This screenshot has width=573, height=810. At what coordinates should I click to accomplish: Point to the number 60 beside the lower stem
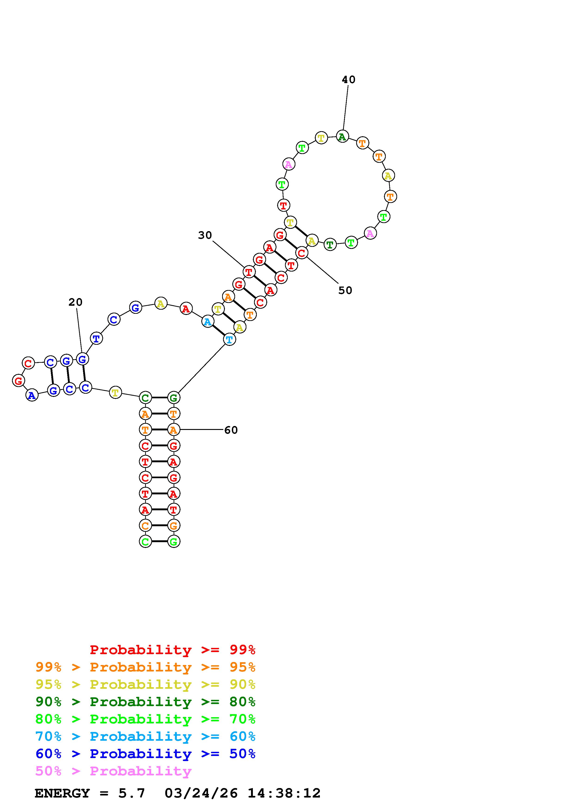pyautogui.click(x=231, y=430)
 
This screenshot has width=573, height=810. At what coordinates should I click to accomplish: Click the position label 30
pyautogui.click(x=205, y=235)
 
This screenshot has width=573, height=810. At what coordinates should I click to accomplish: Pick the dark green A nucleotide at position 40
pyautogui.click(x=342, y=136)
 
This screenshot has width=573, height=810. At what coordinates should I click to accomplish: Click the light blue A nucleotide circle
pyautogui.click(x=208, y=322)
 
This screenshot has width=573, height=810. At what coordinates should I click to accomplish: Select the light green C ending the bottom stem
pyautogui.click(x=145, y=541)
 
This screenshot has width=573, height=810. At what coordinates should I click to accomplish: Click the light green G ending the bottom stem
pyautogui.click(x=173, y=541)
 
